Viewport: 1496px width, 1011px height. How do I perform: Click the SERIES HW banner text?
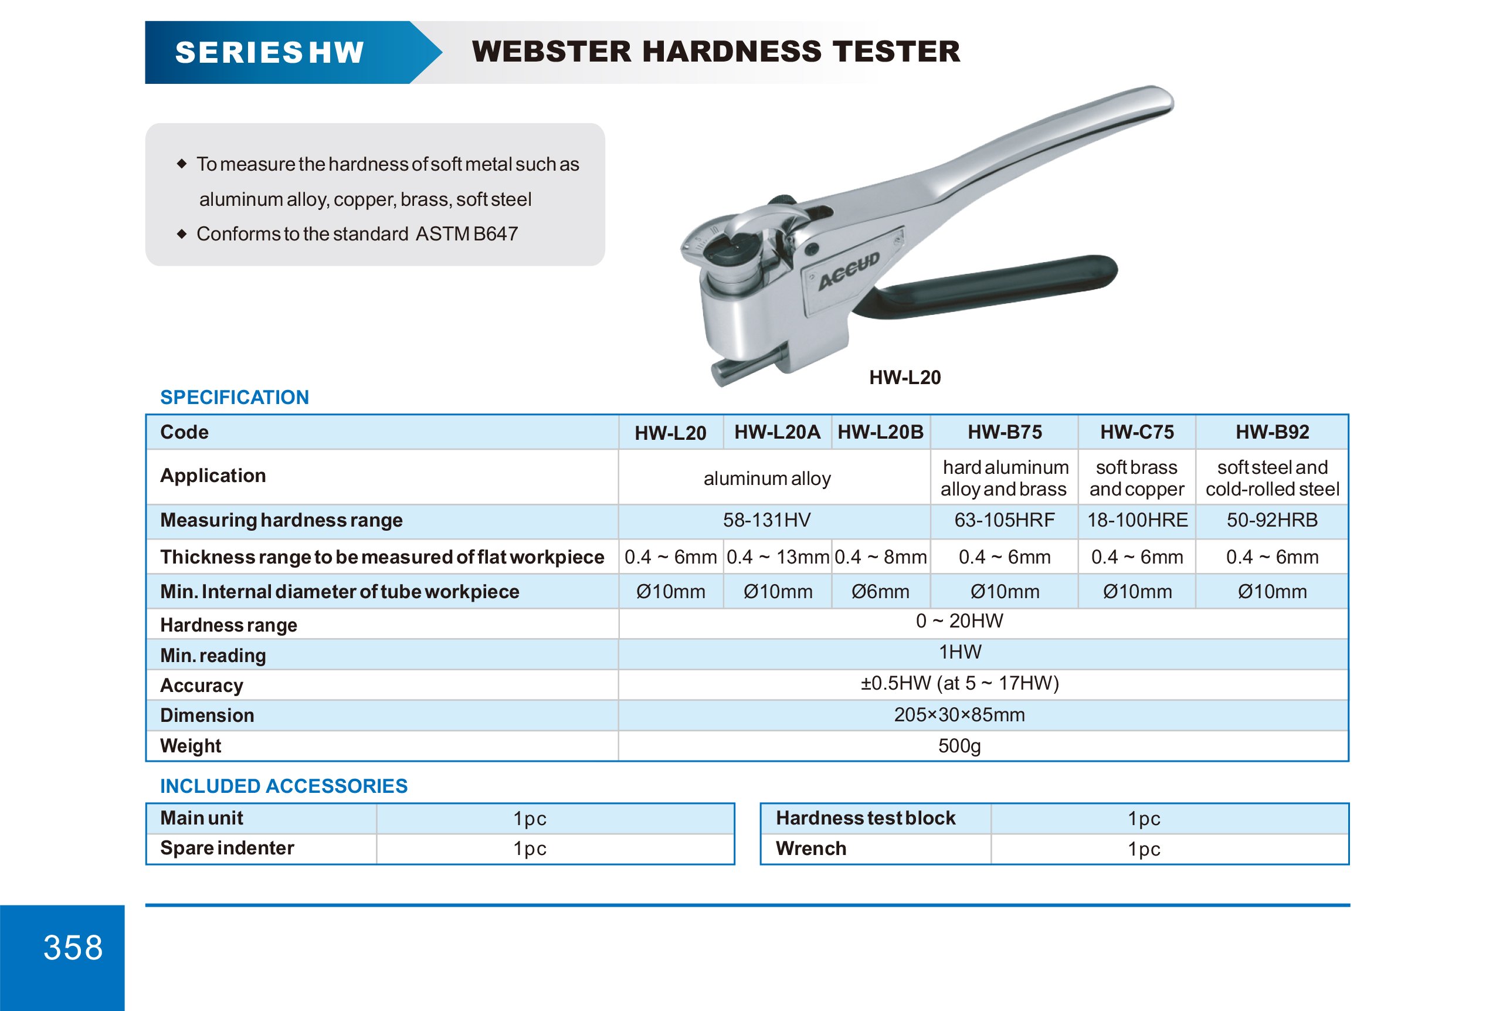coord(269,52)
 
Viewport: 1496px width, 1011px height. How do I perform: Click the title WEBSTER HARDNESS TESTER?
coord(715,52)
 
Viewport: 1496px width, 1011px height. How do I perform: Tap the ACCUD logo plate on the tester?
coord(850,272)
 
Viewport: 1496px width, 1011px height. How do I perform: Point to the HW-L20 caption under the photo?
coord(904,377)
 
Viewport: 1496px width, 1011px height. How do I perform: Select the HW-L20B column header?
coord(880,432)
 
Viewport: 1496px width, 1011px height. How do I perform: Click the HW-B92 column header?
coord(1272,432)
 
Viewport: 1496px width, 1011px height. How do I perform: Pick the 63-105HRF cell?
coord(1004,520)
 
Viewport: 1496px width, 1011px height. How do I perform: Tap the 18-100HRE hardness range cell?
coord(1137,520)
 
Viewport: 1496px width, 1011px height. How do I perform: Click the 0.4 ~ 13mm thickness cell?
coord(777,557)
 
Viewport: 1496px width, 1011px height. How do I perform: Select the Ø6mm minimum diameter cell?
coord(880,592)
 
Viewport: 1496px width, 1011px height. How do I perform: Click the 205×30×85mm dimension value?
coord(959,715)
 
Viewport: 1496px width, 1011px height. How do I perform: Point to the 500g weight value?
coord(959,746)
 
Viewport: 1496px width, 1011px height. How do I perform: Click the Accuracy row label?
coord(202,686)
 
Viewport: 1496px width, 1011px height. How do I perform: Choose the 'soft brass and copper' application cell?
coord(1137,478)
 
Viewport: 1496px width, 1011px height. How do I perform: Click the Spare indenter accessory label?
coord(226,848)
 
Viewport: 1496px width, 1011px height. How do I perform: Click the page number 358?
coord(73,947)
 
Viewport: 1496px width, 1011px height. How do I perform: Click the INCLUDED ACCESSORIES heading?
coord(283,786)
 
